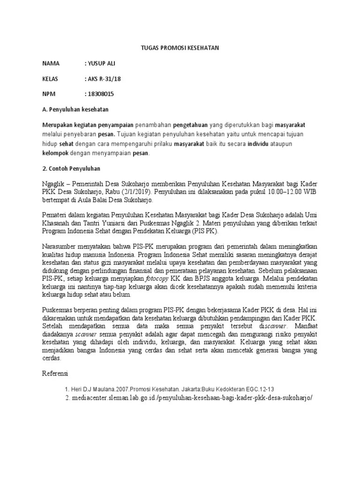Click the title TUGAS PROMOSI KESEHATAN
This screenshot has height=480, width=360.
[x=180, y=48]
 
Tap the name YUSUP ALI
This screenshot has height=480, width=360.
[x=101, y=63]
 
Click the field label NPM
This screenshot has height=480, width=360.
[x=49, y=94]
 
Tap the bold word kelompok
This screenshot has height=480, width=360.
[x=55, y=153]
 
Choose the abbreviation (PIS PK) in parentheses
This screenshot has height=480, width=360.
[x=204, y=232]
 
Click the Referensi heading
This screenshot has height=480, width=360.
[x=55, y=374]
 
